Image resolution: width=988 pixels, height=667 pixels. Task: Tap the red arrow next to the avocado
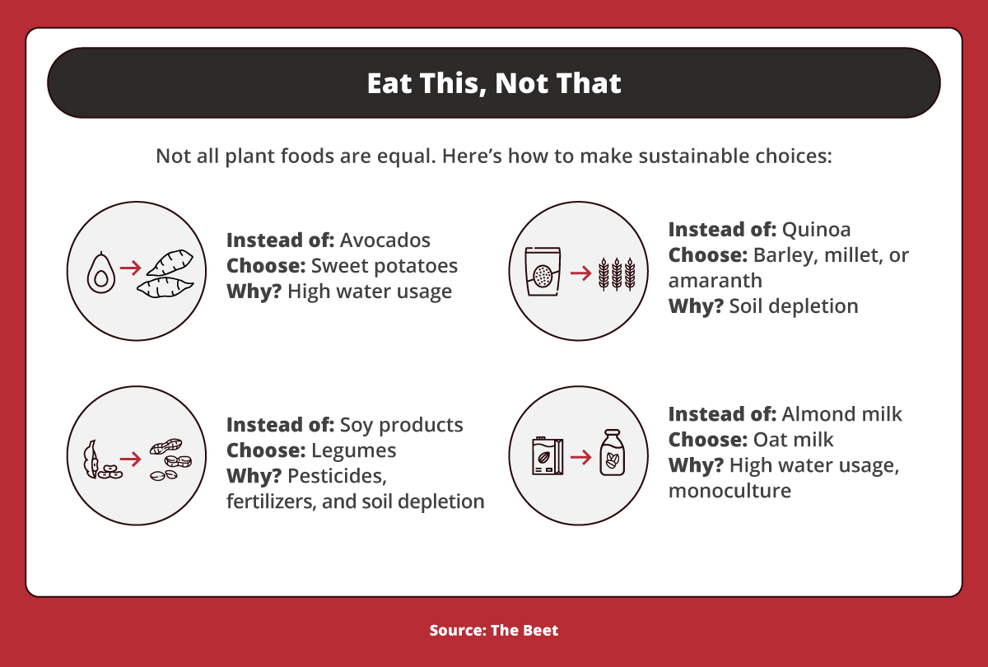click(x=130, y=268)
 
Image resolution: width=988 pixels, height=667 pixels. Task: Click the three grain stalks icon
click(x=617, y=273)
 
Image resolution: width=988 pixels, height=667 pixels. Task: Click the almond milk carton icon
click(x=547, y=458)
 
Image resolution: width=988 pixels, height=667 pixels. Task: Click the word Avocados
click(x=385, y=240)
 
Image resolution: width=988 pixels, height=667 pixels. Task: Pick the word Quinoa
click(x=816, y=229)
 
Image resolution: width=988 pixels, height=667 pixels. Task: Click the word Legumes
click(x=353, y=450)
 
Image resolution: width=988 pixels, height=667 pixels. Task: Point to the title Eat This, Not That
click(x=494, y=83)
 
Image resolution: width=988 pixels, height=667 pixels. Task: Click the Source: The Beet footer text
click(x=494, y=631)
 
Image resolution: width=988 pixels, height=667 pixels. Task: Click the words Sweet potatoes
click(x=384, y=266)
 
